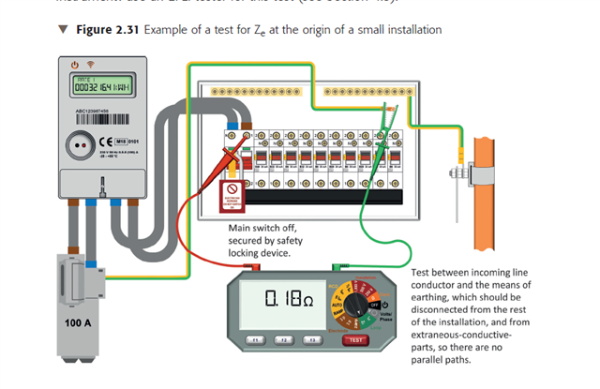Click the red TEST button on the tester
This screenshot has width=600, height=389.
coord(353,338)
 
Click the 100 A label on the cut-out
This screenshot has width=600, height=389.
coord(80,322)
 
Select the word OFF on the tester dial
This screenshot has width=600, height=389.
coord(377,305)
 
